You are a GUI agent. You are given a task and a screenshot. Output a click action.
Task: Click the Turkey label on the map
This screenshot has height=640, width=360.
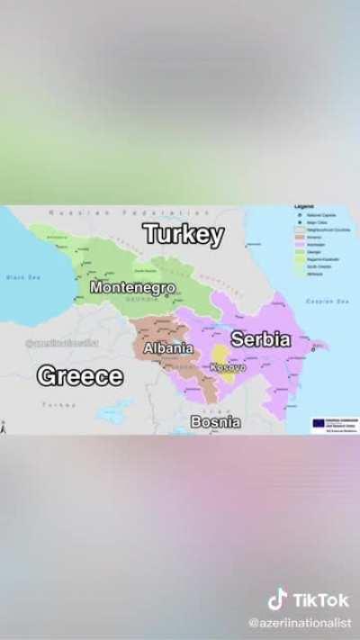184,235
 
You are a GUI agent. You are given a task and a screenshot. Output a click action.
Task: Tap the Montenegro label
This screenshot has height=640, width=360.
132,287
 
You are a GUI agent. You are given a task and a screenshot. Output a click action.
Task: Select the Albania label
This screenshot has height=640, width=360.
168,347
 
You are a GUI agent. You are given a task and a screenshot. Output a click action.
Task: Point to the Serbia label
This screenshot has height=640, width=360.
261,339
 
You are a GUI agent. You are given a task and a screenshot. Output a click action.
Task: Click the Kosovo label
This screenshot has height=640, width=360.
228,367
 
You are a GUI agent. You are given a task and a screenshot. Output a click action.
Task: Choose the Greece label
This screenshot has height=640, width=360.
80,375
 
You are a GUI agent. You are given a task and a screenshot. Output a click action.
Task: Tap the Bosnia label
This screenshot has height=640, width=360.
215,421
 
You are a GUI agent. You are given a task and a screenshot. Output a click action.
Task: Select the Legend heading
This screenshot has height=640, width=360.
305,207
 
